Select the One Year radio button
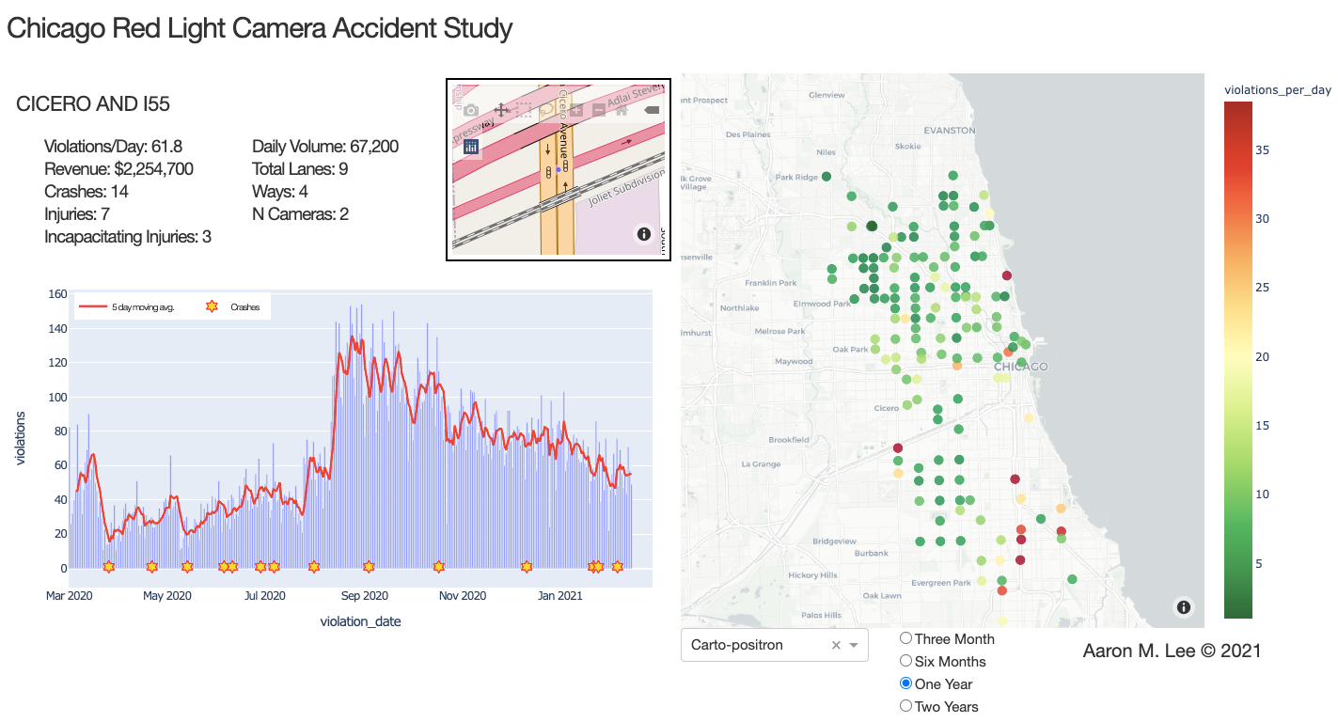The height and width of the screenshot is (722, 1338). [x=905, y=683]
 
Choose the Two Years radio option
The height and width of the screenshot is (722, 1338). [x=905, y=706]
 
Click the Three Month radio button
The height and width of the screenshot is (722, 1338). [x=905, y=638]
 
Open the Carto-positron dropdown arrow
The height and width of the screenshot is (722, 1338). [x=854, y=645]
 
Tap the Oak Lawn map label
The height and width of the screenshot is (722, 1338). [x=882, y=595]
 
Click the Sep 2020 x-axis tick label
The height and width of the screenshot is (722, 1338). [x=364, y=595]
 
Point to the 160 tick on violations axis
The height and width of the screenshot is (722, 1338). [x=57, y=294]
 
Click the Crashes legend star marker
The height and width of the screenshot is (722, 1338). [x=212, y=306]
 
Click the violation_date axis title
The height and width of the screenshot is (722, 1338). [x=360, y=621]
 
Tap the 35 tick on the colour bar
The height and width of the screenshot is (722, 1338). [x=1264, y=149]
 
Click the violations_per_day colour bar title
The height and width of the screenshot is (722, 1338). [x=1277, y=90]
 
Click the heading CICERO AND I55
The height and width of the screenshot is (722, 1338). [x=93, y=104]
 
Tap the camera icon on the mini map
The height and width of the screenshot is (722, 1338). [x=471, y=110]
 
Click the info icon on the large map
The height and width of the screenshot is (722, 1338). [x=1183, y=607]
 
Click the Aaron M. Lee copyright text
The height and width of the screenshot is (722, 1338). [x=1172, y=651]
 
